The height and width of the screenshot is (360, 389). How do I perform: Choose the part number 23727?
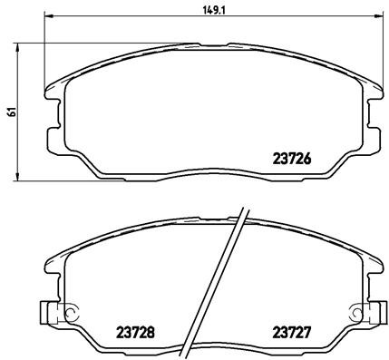[x=292, y=332]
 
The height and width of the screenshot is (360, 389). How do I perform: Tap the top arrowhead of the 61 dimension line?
[x=21, y=44]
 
